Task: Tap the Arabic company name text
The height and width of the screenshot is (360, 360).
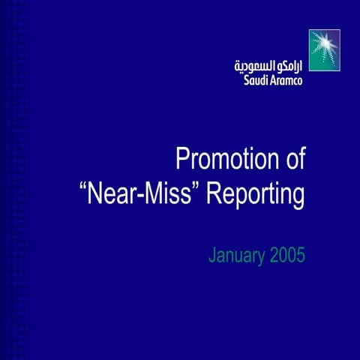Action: click(x=268, y=64)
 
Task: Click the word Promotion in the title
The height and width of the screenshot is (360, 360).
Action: click(x=218, y=160)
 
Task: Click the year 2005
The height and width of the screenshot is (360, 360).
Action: click(x=287, y=256)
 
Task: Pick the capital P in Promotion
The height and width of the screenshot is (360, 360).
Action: click(x=181, y=160)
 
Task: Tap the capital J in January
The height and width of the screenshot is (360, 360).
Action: click(x=211, y=256)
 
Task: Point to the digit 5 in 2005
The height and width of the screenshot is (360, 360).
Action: click(x=301, y=256)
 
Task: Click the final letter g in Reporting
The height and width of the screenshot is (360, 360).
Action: click(x=298, y=199)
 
